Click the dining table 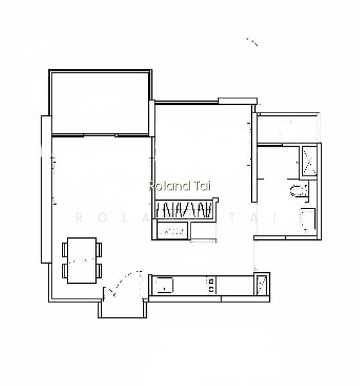click(x=82, y=260)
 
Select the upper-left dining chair click(x=64, y=250)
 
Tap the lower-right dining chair click(x=99, y=271)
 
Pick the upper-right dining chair click(x=99, y=250)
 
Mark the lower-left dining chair click(x=64, y=271)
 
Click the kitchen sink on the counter click(x=164, y=285)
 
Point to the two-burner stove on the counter click(x=211, y=285)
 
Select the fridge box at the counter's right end click(x=261, y=284)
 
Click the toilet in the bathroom click(x=299, y=190)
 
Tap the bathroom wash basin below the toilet click(x=308, y=219)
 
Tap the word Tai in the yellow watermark click(x=202, y=186)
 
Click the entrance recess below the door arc click(x=122, y=309)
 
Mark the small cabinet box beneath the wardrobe click(x=172, y=231)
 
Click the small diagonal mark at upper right click(x=252, y=42)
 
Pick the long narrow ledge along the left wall click(x=46, y=189)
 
